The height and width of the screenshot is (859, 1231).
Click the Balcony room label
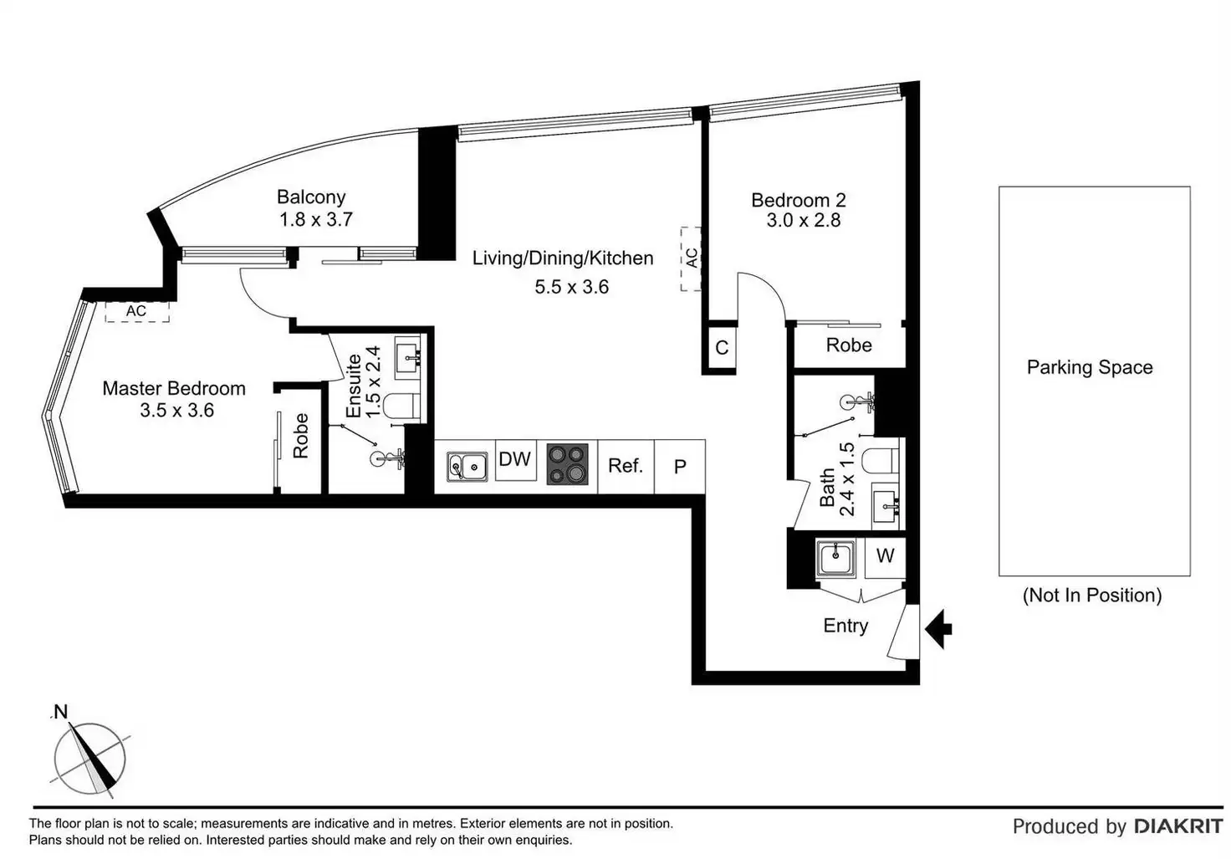coord(311,197)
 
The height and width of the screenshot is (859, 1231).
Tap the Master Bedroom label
coord(174,389)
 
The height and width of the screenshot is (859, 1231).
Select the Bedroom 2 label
coord(798,201)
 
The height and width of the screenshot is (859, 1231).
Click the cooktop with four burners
coord(568,465)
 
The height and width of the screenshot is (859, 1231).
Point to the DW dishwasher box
coord(515,460)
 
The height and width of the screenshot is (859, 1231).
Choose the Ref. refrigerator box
coord(626,466)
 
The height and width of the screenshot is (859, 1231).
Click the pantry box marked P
coord(680,467)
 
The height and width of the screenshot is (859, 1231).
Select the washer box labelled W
coord(885,556)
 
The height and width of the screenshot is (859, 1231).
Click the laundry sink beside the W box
coord(836,558)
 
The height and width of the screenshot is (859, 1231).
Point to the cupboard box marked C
coord(722,348)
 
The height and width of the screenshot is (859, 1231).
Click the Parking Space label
coord(1090,368)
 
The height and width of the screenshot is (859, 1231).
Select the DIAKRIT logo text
coord(1178,826)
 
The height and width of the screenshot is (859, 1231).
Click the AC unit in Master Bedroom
coord(136,312)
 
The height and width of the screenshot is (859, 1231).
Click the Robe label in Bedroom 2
coord(849,345)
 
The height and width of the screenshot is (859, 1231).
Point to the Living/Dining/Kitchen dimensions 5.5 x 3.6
coord(572,287)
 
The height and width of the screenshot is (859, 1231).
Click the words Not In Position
coord(1092,596)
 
